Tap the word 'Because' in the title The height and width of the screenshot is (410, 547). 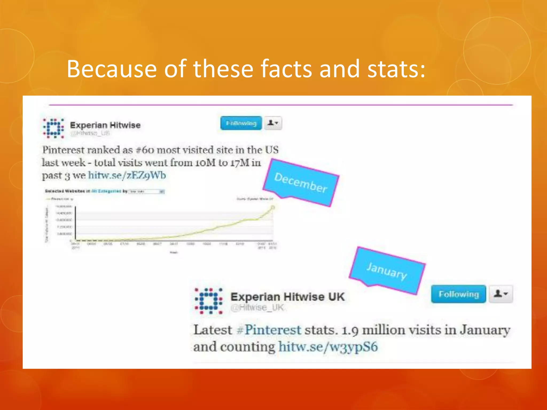click(x=112, y=69)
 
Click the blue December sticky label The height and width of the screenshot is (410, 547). click(x=301, y=183)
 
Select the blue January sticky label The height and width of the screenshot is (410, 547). click(x=387, y=271)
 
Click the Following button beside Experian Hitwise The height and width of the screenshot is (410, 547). click(x=241, y=123)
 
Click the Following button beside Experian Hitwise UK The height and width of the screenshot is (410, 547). click(x=458, y=294)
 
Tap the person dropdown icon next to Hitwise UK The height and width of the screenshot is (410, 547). click(x=501, y=294)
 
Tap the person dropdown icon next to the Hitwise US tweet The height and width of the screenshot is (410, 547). click(x=273, y=123)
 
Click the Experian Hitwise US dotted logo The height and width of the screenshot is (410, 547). click(x=54, y=128)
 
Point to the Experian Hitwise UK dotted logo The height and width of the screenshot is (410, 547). click(x=209, y=301)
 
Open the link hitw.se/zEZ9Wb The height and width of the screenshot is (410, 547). click(x=127, y=175)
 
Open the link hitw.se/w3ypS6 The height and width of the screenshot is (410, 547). click(x=328, y=347)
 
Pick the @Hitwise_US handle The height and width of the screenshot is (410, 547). click(x=90, y=133)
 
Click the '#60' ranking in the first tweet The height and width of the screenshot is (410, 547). click(x=145, y=150)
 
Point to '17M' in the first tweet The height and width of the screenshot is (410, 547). click(x=240, y=163)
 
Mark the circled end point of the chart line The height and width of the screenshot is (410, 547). click(x=273, y=207)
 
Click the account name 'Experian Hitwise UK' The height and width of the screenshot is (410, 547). click(x=287, y=297)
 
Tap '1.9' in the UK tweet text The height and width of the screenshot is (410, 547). click(x=350, y=330)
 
